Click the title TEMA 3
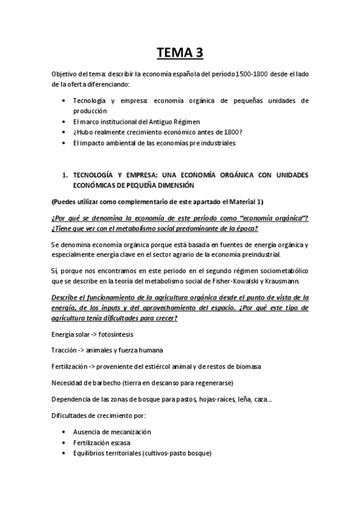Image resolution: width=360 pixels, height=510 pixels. [x=180, y=54]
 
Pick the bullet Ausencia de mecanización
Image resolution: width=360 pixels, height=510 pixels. [x=111, y=432]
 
